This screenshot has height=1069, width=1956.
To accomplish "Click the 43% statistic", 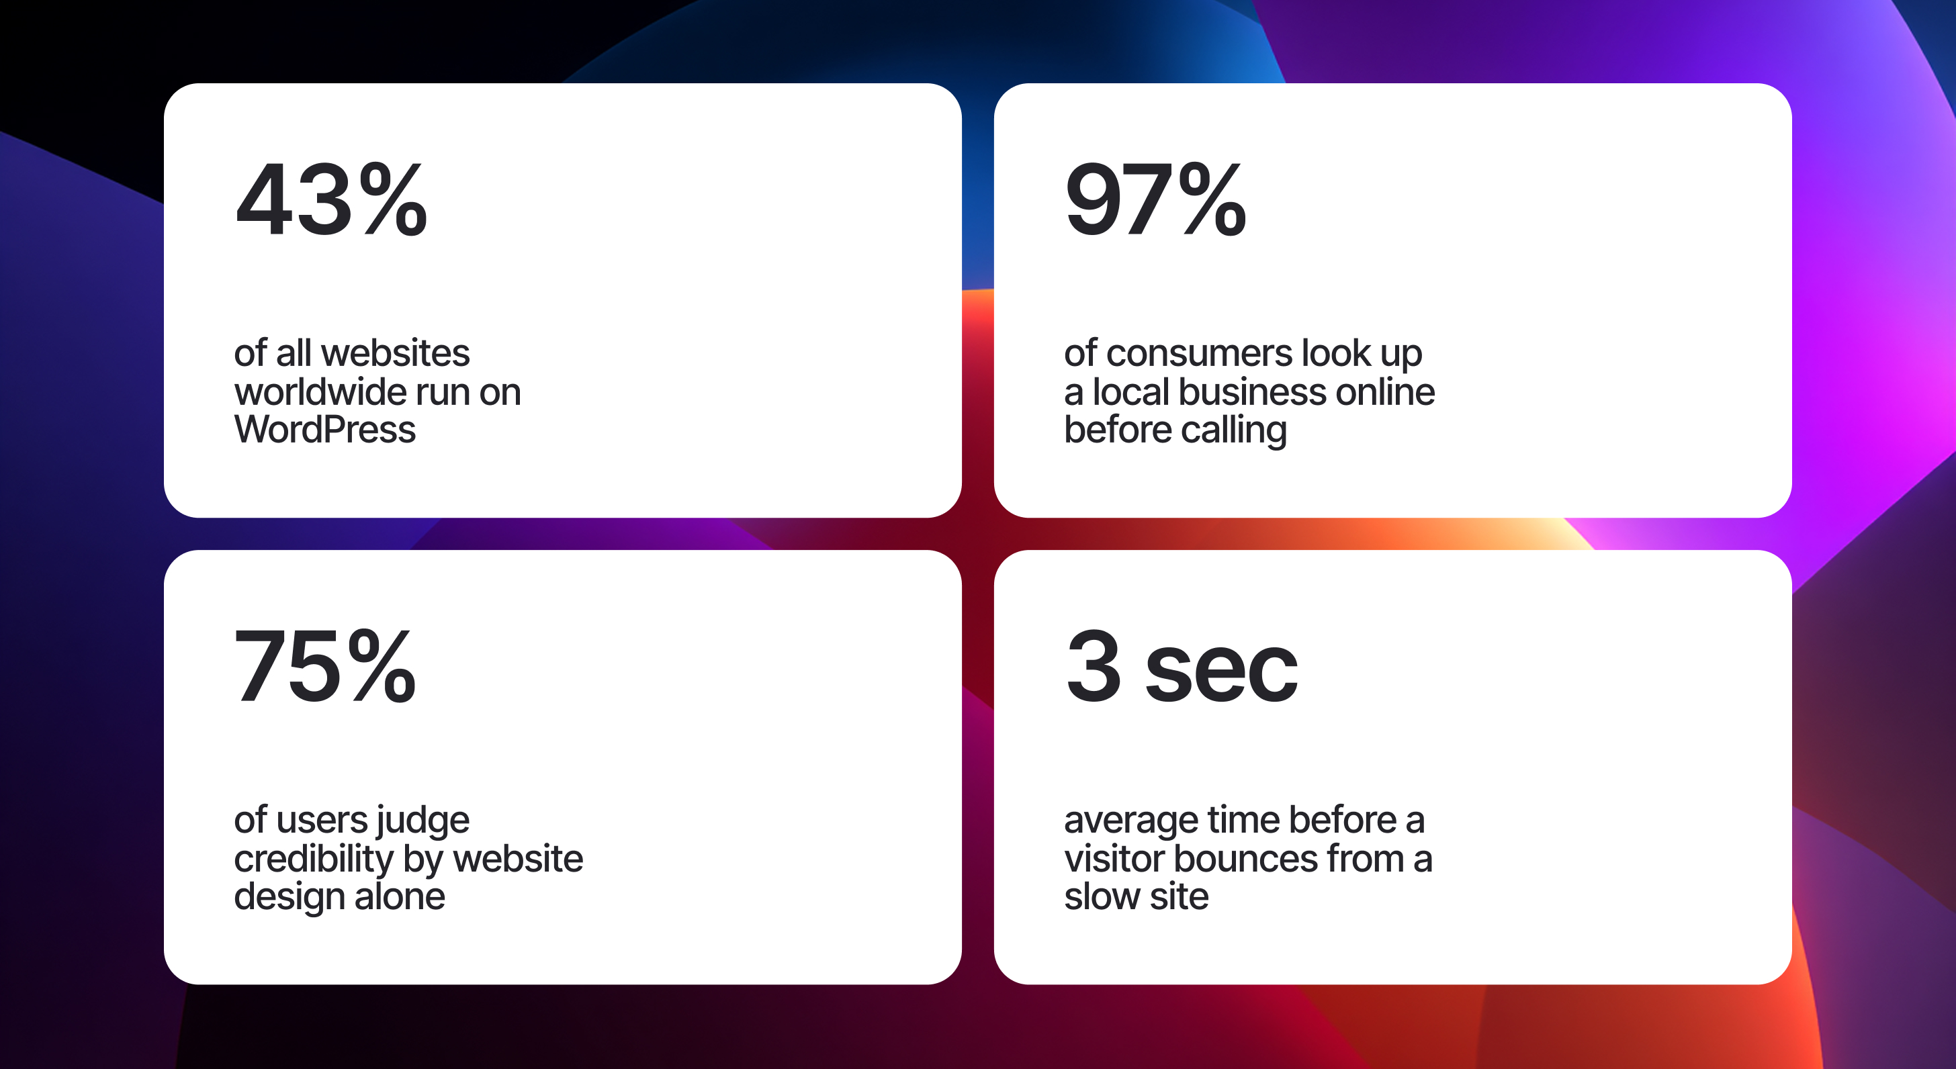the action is click(331, 199).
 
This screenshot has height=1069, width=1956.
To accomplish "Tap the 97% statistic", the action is click(1155, 199).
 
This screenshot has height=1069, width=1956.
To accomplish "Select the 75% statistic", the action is click(325, 667).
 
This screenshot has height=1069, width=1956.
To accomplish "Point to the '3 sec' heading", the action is click(1182, 667).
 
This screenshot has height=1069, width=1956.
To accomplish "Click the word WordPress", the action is click(325, 430).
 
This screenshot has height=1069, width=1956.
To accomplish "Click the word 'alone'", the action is click(400, 896).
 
